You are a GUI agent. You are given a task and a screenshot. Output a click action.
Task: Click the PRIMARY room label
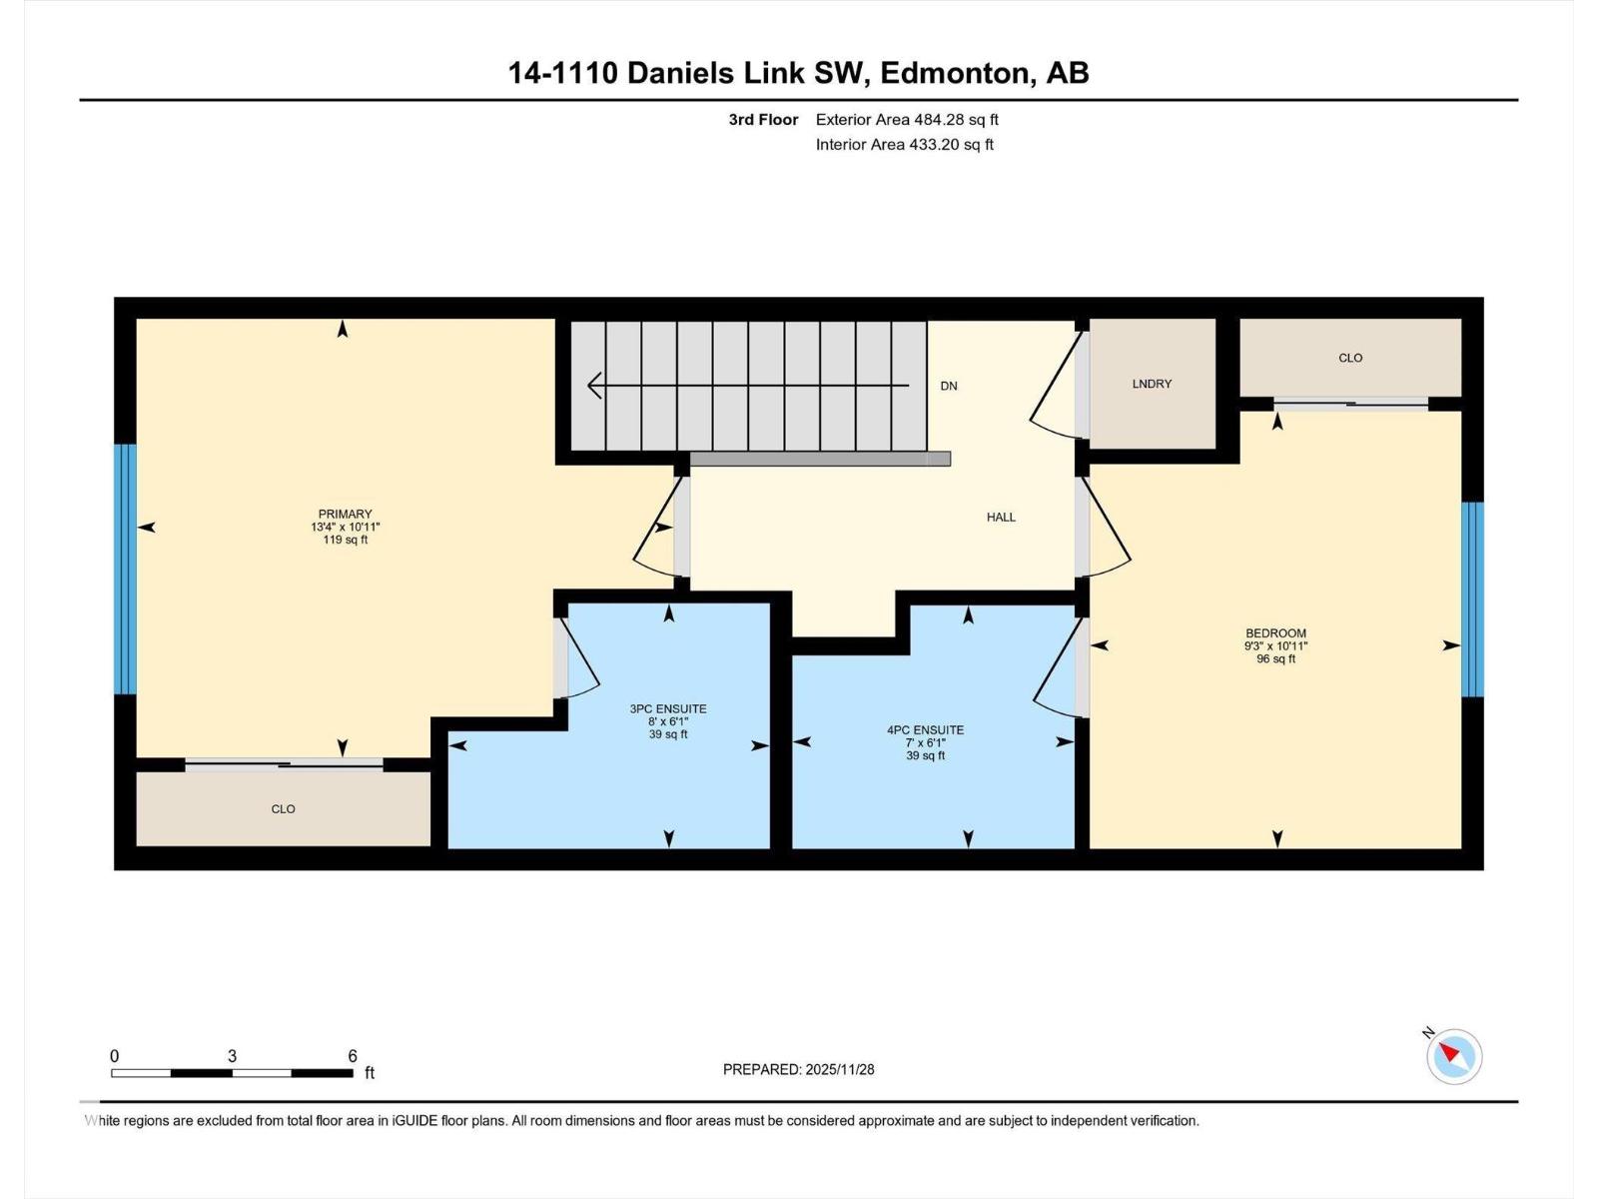[345, 514]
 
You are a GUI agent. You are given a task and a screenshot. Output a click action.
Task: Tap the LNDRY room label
[1152, 384]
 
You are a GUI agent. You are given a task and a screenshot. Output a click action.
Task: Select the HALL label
[1001, 517]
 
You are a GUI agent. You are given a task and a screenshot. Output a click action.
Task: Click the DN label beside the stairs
[948, 386]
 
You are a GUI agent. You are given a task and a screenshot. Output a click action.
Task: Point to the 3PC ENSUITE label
[667, 708]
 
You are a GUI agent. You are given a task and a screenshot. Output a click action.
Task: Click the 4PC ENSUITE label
[925, 729]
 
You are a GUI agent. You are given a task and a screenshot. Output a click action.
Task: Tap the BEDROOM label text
[1275, 632]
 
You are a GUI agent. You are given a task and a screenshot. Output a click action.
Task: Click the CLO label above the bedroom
[1349, 358]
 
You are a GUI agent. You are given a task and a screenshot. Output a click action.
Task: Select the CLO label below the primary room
[283, 808]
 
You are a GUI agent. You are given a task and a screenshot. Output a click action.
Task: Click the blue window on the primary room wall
[125, 569]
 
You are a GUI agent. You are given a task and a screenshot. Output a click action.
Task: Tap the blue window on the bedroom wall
[1472, 599]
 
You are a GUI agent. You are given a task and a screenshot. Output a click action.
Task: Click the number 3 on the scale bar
[232, 1056]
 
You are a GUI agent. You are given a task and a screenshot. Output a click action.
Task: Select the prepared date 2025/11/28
[839, 1069]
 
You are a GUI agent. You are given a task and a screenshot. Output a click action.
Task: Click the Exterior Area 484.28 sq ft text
[906, 120]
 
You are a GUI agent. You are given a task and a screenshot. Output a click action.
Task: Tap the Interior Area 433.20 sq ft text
[904, 144]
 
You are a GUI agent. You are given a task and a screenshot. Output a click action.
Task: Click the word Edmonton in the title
[957, 73]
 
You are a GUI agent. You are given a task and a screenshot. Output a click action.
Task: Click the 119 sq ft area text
[345, 540]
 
